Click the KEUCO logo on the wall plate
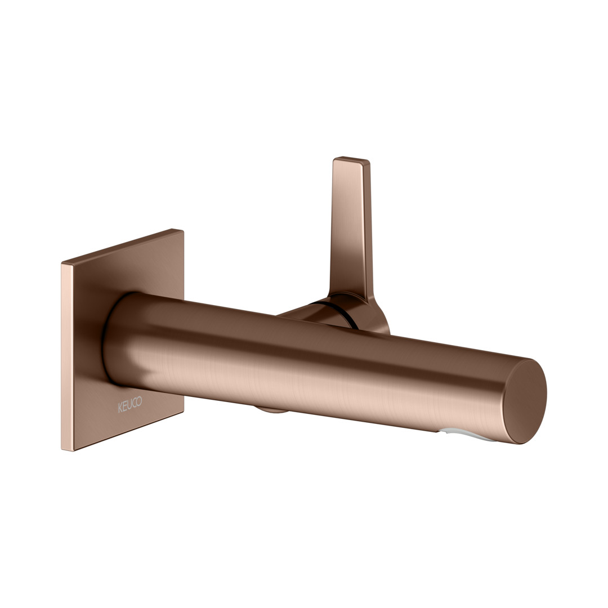[130, 405]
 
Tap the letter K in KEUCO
[120, 408]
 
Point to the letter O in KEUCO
[139, 401]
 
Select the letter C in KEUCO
[135, 403]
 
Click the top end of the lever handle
[351, 160]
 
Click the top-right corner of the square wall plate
[184, 230]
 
